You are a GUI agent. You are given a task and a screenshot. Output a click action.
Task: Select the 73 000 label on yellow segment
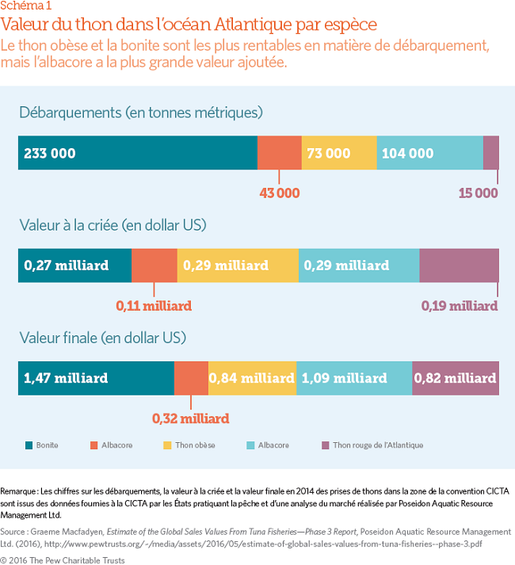point(327,153)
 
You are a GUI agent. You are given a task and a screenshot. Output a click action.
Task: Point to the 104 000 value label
point(407,153)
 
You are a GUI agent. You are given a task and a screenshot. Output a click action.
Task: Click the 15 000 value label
point(478,193)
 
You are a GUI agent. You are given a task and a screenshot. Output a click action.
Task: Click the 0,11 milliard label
point(154,305)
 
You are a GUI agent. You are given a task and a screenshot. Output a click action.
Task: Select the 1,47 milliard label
point(67,378)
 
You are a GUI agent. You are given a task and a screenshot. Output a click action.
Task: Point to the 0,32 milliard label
point(191,418)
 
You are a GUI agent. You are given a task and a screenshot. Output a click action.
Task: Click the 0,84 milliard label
point(251,378)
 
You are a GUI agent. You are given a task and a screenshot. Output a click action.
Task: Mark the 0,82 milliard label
point(456,378)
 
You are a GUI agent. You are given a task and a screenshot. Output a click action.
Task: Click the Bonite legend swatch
point(29,445)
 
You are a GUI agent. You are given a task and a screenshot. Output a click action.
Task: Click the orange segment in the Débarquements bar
point(280,153)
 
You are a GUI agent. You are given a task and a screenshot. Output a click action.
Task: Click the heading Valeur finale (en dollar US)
point(102,338)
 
